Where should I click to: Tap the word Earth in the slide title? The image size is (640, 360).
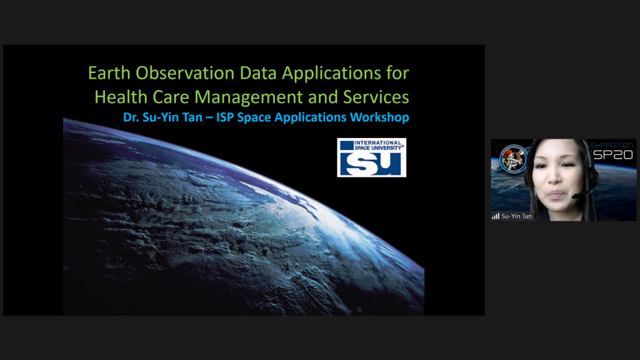(109, 73)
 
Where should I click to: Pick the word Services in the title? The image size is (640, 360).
(376, 97)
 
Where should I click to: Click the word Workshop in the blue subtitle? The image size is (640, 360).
(379, 117)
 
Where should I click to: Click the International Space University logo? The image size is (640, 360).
(371, 157)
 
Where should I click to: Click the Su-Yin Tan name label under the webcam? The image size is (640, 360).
(516, 216)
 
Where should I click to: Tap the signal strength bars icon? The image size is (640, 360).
(496, 216)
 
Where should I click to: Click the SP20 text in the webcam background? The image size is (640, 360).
(613, 155)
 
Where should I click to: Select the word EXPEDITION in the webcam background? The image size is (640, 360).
(612, 145)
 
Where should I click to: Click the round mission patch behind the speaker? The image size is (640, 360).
(513, 159)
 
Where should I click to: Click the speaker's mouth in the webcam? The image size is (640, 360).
(556, 194)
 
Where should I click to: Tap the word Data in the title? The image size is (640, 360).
(258, 73)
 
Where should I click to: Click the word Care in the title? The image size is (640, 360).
(171, 97)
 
